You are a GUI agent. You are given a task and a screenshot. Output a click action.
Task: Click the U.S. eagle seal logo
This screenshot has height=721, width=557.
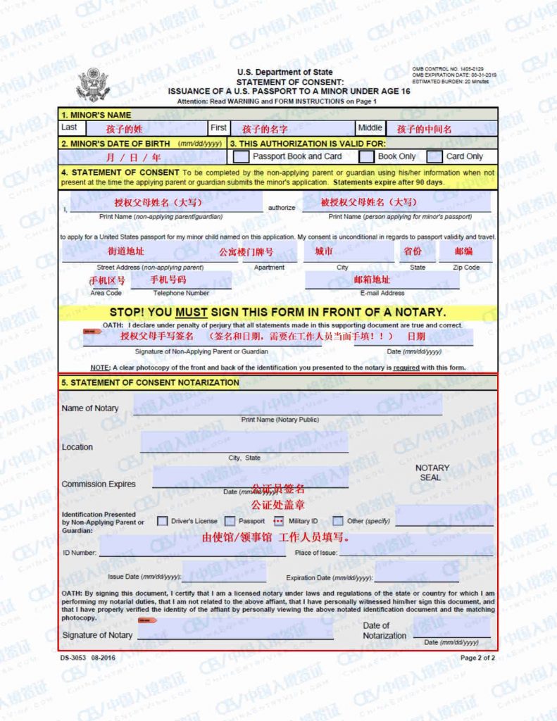pos(94,84)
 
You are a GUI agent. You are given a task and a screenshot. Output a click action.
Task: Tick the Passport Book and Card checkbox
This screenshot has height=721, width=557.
pos(241,156)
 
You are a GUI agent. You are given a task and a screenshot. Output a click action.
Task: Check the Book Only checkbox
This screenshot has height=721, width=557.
pos(366,156)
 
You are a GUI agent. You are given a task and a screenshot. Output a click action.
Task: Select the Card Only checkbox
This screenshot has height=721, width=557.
pos(434,156)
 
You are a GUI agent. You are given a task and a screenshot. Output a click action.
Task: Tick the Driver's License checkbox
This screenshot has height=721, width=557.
pos(163,521)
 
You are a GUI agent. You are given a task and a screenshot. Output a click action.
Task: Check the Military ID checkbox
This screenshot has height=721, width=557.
pos(278,521)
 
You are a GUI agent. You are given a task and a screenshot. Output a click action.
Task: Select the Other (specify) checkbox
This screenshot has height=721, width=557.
pos(338,521)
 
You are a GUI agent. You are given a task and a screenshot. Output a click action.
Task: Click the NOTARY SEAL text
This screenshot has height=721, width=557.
pos(432,472)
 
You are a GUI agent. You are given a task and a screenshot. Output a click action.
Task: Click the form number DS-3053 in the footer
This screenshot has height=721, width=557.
pos(78,658)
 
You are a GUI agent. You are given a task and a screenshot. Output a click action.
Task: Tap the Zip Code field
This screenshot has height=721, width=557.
pos(465,252)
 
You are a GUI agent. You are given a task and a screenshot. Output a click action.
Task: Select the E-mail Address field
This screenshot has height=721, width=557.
pos(382,280)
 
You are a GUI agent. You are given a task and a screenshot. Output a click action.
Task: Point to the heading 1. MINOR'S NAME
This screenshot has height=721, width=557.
pos(96,115)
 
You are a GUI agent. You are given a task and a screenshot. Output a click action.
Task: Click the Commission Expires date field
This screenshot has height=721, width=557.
pos(250,478)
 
